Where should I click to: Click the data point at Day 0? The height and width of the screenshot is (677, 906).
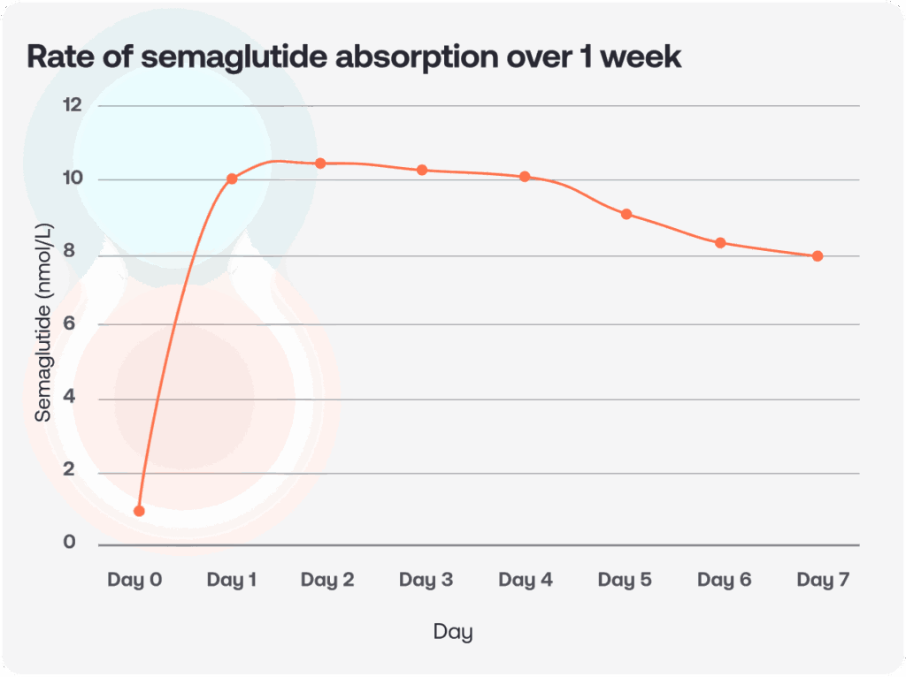[139, 511]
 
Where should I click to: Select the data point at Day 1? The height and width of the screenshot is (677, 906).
[232, 179]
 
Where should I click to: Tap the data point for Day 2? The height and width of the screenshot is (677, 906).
[320, 164]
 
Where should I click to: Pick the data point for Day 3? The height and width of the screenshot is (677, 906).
[422, 170]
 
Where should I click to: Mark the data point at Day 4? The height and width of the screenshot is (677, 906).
[525, 177]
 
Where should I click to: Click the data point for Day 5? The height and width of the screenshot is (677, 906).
[626, 214]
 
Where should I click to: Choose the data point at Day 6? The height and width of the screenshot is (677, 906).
[720, 243]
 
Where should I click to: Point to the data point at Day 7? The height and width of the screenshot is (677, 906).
[818, 256]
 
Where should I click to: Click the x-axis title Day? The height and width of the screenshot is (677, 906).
[453, 632]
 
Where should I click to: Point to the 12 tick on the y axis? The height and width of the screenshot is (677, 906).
[72, 105]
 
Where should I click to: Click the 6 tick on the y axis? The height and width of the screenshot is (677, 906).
[70, 324]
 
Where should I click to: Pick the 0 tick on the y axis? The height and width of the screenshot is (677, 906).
[70, 543]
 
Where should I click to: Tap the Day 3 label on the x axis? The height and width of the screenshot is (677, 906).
[426, 581]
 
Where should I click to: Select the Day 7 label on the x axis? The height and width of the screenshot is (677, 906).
[823, 581]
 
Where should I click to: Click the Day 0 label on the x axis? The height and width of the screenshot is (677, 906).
[134, 581]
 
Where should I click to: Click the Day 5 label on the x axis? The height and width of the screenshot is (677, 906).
[625, 581]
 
